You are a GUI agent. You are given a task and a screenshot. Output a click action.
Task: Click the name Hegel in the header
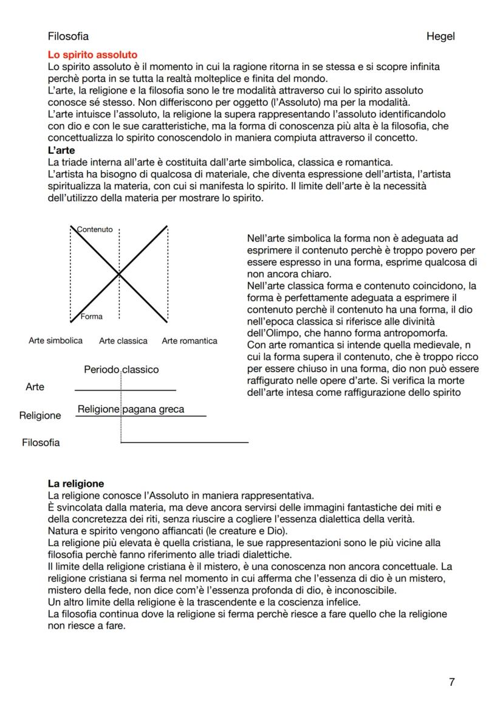pos(440,36)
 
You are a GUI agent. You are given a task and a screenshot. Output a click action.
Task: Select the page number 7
pos(451,682)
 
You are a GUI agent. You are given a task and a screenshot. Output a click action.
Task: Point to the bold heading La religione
pos(76,484)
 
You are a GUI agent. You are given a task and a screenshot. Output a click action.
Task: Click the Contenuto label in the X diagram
pos(95,229)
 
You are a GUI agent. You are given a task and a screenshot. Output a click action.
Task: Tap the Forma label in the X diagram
pos(92,316)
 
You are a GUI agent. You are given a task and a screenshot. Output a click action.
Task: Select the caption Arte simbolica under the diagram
pos(56,340)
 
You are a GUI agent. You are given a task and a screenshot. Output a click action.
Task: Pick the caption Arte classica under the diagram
pos(123,341)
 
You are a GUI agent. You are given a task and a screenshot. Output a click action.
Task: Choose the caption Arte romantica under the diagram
pos(190,340)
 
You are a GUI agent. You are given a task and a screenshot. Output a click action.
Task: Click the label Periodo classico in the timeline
pos(121,369)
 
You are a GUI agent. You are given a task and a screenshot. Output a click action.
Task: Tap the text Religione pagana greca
pos(131,409)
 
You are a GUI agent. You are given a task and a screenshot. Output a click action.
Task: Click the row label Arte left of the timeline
pos(35,387)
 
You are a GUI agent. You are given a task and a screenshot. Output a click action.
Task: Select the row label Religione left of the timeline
pos(40,416)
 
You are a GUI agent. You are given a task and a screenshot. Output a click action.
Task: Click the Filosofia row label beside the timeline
pos(41,443)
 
